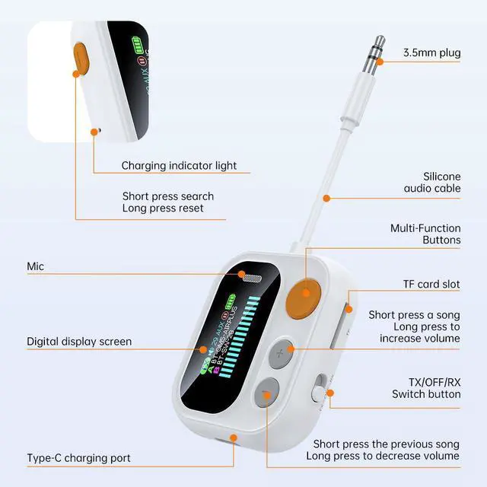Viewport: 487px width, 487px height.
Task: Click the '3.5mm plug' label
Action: point(431,53)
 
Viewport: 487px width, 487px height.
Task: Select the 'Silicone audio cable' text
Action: point(431,181)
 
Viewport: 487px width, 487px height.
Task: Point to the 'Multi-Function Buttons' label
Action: point(425,234)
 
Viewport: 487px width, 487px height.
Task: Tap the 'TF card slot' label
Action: point(431,284)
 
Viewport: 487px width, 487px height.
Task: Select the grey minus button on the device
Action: point(266,393)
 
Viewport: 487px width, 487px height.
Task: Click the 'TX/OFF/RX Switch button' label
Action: point(426,387)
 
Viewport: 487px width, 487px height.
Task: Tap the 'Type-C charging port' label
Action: point(79,458)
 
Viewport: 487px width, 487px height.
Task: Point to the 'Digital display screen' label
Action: point(79,342)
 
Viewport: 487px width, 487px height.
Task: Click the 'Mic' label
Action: point(35,267)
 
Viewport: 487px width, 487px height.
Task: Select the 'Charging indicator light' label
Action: point(179,165)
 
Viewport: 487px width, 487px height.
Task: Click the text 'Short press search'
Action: point(168,196)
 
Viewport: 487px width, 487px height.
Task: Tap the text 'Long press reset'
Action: point(162,208)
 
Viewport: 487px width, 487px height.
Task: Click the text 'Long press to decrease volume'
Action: point(383,456)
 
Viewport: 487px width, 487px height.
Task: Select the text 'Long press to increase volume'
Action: point(415,326)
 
